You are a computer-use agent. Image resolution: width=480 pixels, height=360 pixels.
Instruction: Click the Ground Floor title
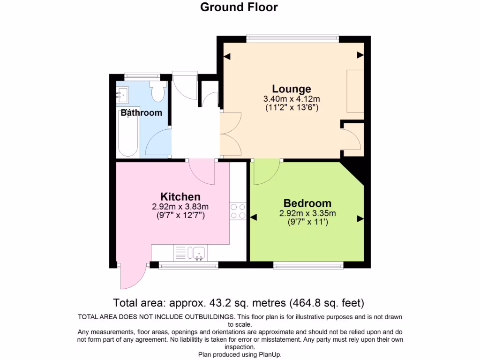(239, 7)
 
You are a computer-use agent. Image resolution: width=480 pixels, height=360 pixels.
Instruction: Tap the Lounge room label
(292, 89)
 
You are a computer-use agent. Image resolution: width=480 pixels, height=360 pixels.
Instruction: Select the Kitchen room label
(180, 197)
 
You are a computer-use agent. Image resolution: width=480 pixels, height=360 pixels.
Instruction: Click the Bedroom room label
(307, 203)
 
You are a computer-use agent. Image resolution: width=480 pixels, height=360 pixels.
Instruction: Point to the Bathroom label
(142, 113)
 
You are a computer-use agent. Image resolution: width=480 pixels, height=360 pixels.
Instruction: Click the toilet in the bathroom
(157, 91)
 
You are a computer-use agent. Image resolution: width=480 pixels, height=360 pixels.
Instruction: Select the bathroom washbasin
(123, 95)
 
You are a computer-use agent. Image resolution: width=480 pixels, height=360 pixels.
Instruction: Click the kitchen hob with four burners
(238, 211)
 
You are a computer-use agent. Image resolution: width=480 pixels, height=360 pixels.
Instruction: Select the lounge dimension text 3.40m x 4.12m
(292, 99)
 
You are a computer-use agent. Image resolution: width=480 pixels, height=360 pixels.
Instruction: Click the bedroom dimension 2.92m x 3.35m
(307, 214)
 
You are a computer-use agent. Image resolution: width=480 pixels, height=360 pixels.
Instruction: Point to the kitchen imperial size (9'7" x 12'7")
(180, 216)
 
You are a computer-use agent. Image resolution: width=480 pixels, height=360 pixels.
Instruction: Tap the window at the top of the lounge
(293, 38)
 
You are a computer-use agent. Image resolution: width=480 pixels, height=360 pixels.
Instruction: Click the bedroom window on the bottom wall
(308, 266)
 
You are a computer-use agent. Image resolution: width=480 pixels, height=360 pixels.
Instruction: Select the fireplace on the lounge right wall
(355, 91)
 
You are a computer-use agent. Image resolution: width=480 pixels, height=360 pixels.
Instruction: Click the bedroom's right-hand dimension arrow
(360, 218)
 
